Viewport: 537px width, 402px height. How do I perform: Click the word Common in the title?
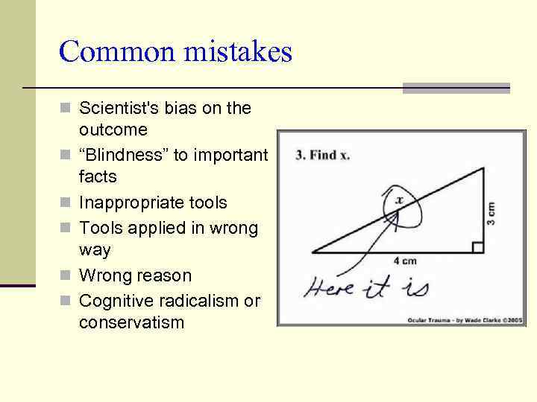(112, 52)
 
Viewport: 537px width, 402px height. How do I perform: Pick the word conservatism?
(131, 322)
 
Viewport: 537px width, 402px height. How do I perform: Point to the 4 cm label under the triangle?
(404, 261)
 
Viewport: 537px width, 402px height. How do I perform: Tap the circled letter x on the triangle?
(399, 200)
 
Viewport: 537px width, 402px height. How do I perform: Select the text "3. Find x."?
(323, 156)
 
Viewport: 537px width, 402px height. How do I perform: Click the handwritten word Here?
(328, 287)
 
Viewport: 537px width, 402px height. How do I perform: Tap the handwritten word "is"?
(414, 286)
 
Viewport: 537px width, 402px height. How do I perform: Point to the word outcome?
(113, 130)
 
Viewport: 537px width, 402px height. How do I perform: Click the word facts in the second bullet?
(98, 176)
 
